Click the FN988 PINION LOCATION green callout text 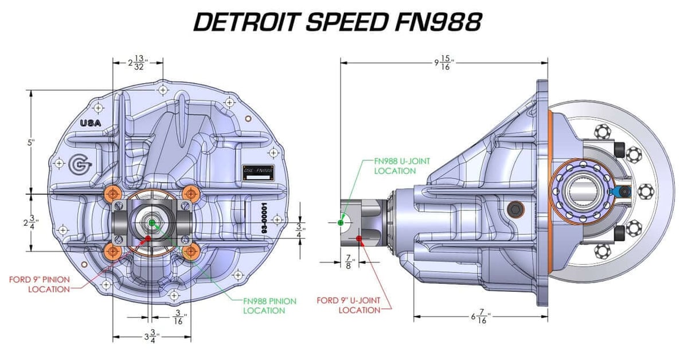tap(264, 306)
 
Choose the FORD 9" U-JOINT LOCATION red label tap(349, 305)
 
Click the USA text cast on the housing tap(90, 123)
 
